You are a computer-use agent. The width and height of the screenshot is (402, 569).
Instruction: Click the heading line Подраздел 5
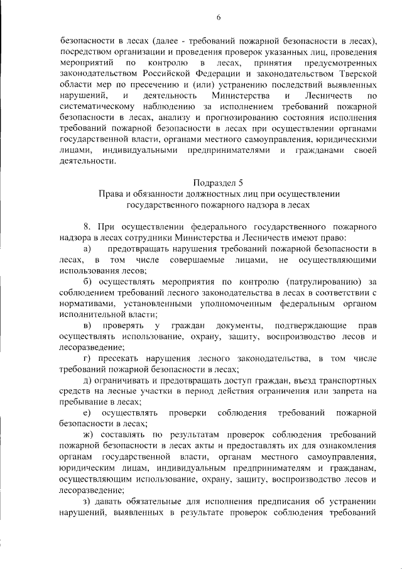(x=219, y=183)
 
